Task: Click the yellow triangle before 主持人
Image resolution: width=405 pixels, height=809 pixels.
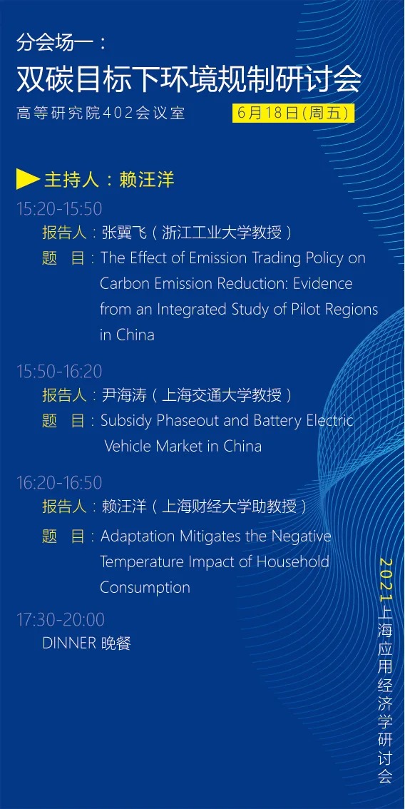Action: pyautogui.click(x=28, y=179)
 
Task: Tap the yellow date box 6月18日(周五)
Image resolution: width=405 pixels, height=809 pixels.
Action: pyautogui.click(x=294, y=113)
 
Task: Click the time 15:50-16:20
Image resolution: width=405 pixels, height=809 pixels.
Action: pyautogui.click(x=59, y=371)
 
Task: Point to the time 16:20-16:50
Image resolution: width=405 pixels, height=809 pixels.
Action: pyautogui.click(x=59, y=482)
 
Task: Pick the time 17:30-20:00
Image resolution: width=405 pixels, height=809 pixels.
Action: pyautogui.click(x=61, y=619)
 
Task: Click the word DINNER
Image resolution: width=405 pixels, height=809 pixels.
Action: pyautogui.click(x=69, y=643)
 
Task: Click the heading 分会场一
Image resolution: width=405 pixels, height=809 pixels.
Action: pyautogui.click(x=54, y=43)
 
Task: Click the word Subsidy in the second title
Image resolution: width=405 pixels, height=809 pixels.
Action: pyautogui.click(x=126, y=421)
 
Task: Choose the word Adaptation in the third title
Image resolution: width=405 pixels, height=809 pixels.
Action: pyautogui.click(x=138, y=537)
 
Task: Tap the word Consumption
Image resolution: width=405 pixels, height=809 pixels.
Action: pyautogui.click(x=145, y=588)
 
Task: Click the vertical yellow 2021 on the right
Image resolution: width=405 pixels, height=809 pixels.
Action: pyautogui.click(x=386, y=579)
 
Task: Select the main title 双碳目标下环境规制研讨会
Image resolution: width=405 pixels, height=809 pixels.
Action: pyautogui.click(x=189, y=79)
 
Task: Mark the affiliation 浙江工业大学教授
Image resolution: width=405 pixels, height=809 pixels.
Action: pyautogui.click(x=222, y=233)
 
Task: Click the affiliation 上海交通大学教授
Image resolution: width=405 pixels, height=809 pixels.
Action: pyautogui.click(x=222, y=395)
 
